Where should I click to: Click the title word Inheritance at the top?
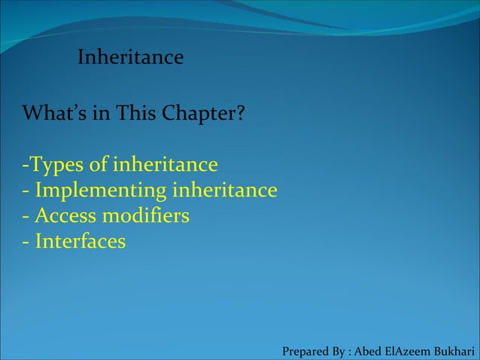(x=130, y=57)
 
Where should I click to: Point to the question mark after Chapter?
(x=239, y=114)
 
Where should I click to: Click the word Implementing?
(x=100, y=191)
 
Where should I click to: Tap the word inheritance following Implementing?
(x=225, y=190)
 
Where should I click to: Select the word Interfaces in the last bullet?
(x=80, y=242)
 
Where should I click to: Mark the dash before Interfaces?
(x=26, y=243)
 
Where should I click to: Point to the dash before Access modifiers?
(x=26, y=217)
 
